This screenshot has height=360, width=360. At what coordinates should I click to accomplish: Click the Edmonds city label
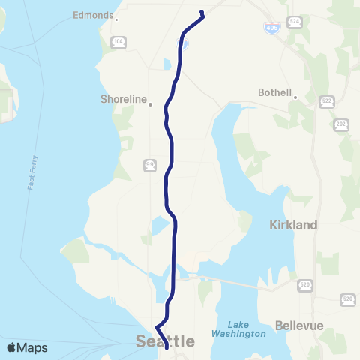[93, 15]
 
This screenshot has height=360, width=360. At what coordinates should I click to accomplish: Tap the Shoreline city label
[123, 98]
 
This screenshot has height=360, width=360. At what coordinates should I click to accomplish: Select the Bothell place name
[275, 92]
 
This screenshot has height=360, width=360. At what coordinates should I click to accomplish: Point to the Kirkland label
[293, 224]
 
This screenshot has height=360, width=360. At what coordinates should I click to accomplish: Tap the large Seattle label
[165, 341]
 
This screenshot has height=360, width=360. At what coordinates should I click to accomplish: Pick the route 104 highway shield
[118, 42]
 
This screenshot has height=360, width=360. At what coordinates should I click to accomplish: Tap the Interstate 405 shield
[273, 28]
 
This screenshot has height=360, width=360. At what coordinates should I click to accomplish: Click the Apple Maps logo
[26, 347]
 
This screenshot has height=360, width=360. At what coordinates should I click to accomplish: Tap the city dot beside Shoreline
[150, 104]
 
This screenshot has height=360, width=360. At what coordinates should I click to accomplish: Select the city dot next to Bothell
[295, 97]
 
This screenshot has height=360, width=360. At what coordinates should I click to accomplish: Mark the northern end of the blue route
[202, 11]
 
